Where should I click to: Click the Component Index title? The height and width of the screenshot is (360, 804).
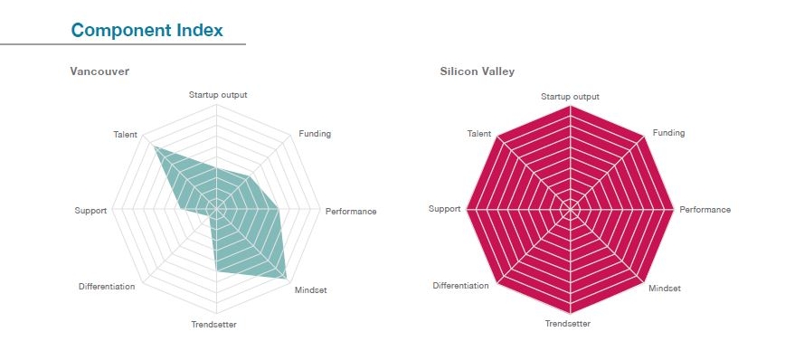tap(147, 30)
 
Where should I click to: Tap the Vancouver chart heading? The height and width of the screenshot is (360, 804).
tap(99, 71)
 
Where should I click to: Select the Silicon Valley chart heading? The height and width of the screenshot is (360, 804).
tap(477, 71)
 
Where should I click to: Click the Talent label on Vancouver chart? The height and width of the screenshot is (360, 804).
tap(126, 135)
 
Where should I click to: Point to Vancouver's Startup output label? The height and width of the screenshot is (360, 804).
tap(218, 94)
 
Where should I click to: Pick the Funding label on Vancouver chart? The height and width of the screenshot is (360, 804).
tap(315, 134)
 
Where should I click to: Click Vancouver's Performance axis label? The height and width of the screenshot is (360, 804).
tap(351, 211)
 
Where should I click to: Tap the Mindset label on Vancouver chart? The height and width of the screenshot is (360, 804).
tap(311, 289)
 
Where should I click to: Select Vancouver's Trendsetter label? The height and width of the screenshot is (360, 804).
tap(214, 325)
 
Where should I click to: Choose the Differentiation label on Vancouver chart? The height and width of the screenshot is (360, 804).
tap(107, 287)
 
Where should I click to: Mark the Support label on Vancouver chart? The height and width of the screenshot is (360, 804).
tap(90, 211)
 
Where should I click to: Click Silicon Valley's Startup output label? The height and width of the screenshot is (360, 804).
tap(570, 97)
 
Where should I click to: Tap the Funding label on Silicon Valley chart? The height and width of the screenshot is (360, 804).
tap(669, 133)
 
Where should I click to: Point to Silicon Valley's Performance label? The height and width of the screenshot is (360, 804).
tap(705, 210)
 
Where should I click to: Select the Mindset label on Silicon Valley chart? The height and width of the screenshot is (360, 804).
tap(665, 289)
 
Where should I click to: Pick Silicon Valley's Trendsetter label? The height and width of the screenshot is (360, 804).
tap(568, 324)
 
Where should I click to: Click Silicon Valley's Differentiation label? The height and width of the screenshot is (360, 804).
tap(460, 286)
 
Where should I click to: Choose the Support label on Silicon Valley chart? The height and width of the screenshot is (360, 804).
tap(444, 209)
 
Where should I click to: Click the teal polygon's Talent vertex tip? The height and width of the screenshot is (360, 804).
tap(155, 147)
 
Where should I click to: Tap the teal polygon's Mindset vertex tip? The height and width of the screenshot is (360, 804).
tap(288, 277)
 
